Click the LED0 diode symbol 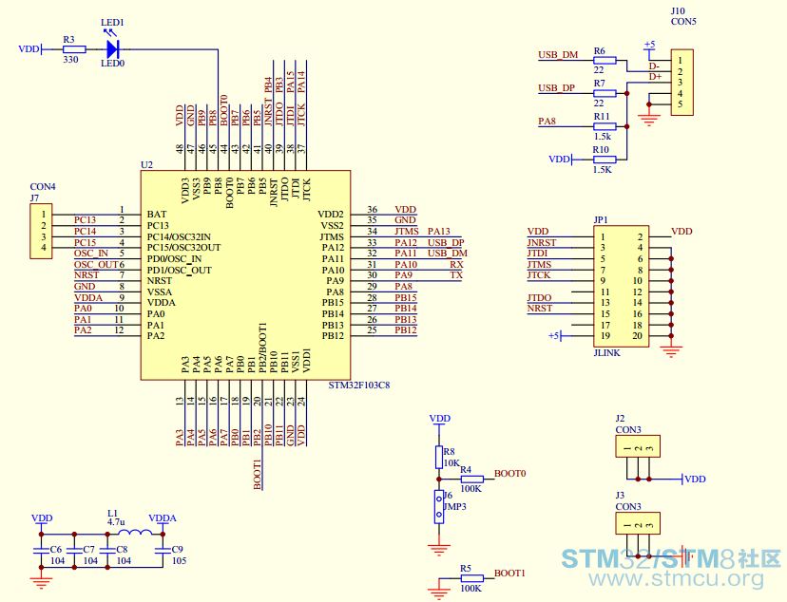112,49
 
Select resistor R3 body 74,49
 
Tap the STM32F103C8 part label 359,386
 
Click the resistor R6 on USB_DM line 605,60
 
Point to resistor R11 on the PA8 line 605,126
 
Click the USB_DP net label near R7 556,88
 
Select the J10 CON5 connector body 682,83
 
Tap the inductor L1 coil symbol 135,534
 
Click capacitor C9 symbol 163,551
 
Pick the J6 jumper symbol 439,507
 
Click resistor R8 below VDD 439,457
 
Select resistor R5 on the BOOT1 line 471,578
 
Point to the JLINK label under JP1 606,353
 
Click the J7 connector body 41,231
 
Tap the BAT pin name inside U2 157,214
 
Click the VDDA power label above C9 163,518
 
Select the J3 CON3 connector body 638,523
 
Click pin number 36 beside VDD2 372,210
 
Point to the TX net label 456,275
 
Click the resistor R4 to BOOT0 471,480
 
